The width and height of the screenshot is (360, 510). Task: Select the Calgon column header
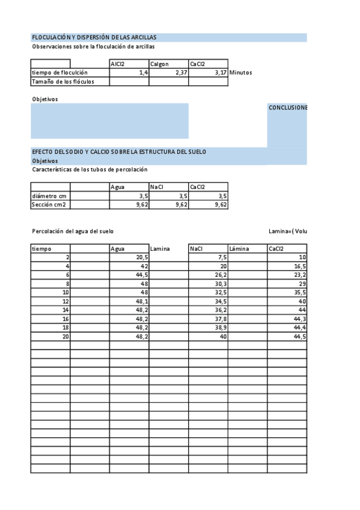159,64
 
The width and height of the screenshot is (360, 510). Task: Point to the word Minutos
240,73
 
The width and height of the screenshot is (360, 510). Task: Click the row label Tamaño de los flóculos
63,81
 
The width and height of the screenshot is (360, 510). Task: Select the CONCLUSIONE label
287,108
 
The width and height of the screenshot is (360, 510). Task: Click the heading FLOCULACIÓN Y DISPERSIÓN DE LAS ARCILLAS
94,37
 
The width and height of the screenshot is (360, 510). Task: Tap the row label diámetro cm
49,196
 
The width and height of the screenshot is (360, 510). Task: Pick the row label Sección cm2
49,205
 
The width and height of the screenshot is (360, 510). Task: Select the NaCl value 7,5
222,257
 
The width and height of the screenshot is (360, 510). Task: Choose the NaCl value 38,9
220,328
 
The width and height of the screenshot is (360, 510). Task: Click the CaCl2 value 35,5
299,292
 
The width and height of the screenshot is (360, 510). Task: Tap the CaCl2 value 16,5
299,266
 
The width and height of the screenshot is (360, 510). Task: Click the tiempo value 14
66,310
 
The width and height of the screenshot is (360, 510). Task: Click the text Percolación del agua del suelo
72,232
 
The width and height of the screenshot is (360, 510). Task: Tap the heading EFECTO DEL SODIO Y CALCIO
119,152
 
